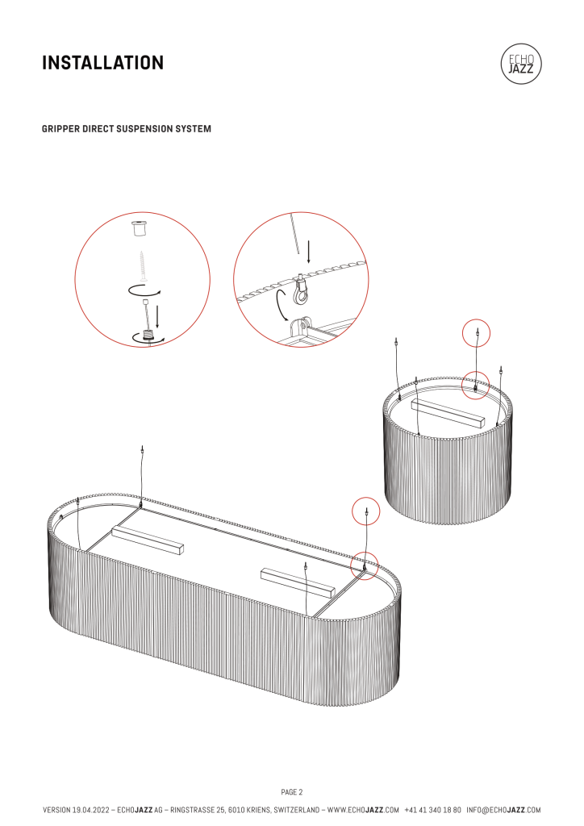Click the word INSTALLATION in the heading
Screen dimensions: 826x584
tap(102, 62)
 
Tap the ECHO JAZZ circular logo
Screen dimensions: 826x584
tap(521, 65)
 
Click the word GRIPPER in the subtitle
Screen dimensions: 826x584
tap(61, 129)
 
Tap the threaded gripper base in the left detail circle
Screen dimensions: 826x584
tap(148, 334)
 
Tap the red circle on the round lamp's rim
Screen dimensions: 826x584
tap(476, 386)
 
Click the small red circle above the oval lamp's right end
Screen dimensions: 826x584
tap(367, 511)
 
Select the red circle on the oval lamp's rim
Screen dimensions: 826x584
tap(365, 566)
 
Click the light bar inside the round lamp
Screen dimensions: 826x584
tap(447, 413)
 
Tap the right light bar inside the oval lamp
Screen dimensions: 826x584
tap(298, 580)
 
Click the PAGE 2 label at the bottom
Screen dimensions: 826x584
tap(291, 791)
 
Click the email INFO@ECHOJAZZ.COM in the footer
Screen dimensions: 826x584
tap(503, 809)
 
